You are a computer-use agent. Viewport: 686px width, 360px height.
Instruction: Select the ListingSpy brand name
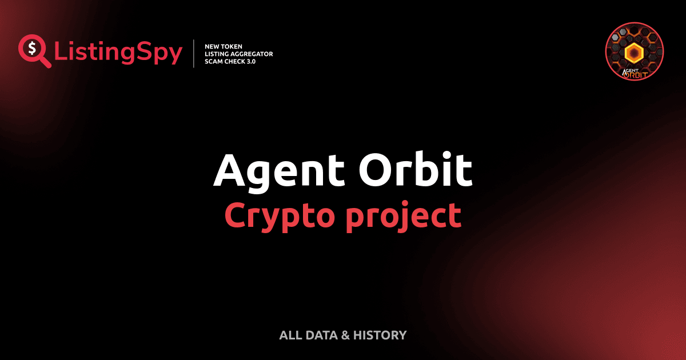pyautogui.click(x=118, y=53)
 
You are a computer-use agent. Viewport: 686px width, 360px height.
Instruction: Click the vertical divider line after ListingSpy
pyautogui.click(x=195, y=53)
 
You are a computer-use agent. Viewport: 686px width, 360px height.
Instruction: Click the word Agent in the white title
pyautogui.click(x=280, y=171)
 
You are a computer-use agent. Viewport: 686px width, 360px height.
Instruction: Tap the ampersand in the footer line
pyautogui.click(x=345, y=335)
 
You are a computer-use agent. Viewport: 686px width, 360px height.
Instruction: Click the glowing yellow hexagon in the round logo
pyautogui.click(x=634, y=53)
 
